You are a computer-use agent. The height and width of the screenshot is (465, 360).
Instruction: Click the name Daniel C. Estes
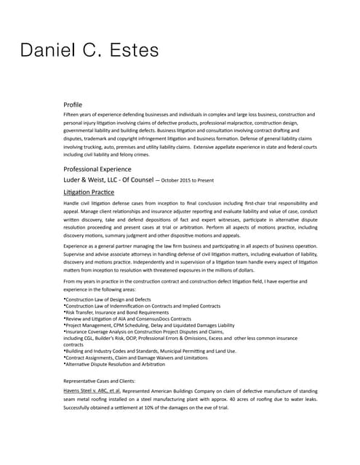(x=89, y=51)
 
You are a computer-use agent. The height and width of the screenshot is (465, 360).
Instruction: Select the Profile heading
(x=78, y=105)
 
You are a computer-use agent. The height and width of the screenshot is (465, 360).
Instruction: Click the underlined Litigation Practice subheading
(x=89, y=191)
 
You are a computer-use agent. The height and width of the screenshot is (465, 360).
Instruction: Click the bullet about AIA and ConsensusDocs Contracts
(x=128, y=319)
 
